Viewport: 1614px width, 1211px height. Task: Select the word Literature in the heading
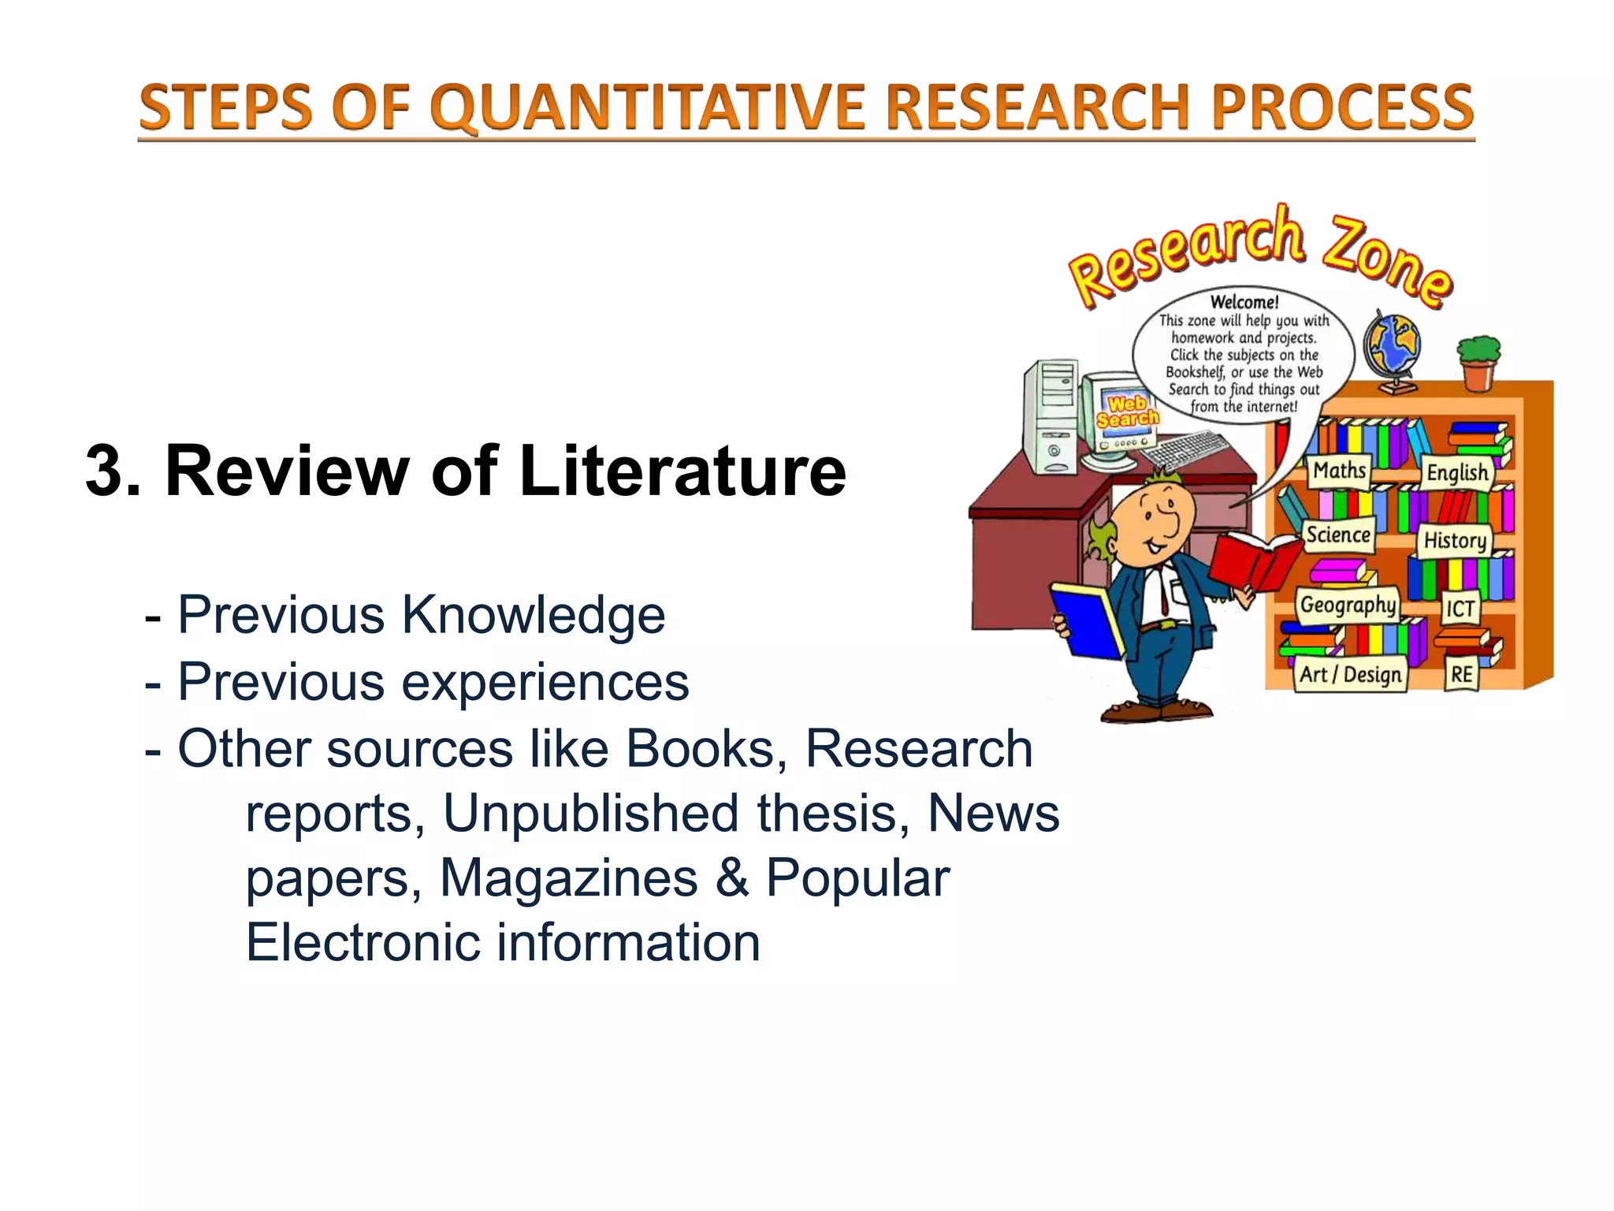pos(682,471)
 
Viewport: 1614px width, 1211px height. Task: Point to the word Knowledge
pos(534,615)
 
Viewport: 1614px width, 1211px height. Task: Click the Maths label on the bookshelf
pos(1339,471)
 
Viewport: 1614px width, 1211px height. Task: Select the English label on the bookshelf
pos(1457,472)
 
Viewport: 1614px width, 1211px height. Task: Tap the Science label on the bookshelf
pos(1338,535)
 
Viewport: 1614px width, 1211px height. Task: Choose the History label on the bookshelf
pos(1455,541)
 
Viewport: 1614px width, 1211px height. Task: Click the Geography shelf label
pos(1348,605)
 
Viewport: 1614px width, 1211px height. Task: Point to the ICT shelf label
pos(1460,609)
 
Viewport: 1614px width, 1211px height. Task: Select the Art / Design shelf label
pos(1350,675)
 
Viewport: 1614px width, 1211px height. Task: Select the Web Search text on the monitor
pos(1127,411)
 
